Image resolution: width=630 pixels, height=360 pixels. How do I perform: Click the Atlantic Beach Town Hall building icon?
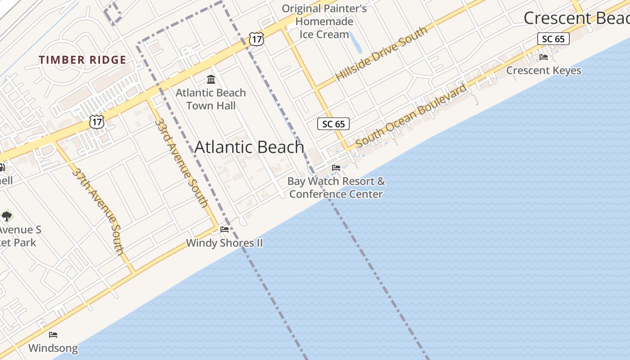[211, 80]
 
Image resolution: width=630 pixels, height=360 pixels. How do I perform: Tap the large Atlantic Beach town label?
[249, 147]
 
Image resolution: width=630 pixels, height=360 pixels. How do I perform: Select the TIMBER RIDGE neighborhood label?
[82, 60]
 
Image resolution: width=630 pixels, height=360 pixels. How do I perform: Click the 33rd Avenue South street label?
[181, 162]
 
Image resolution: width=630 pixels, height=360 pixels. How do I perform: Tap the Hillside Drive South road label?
[381, 54]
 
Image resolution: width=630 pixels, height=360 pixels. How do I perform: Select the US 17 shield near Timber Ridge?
[97, 121]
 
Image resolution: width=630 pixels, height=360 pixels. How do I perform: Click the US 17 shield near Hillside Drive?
[256, 39]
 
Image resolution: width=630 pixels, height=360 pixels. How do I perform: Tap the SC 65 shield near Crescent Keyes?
[553, 39]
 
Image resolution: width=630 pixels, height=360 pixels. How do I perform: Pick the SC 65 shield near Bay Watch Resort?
[333, 124]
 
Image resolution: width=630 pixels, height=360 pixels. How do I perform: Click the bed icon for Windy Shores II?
[225, 229]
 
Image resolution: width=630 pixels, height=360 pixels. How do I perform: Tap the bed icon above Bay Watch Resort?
[336, 167]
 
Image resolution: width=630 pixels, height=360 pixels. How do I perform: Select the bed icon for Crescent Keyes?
[543, 57]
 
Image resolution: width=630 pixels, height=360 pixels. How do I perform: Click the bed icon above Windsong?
[53, 334]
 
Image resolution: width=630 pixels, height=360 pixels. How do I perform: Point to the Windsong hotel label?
[53, 348]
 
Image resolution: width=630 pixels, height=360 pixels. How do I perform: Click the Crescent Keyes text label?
[544, 71]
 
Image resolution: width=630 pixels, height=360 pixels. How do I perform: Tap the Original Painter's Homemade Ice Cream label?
[324, 21]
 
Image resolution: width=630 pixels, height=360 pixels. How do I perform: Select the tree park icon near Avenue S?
[7, 216]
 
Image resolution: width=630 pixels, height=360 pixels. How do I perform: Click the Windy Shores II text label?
[224, 243]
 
